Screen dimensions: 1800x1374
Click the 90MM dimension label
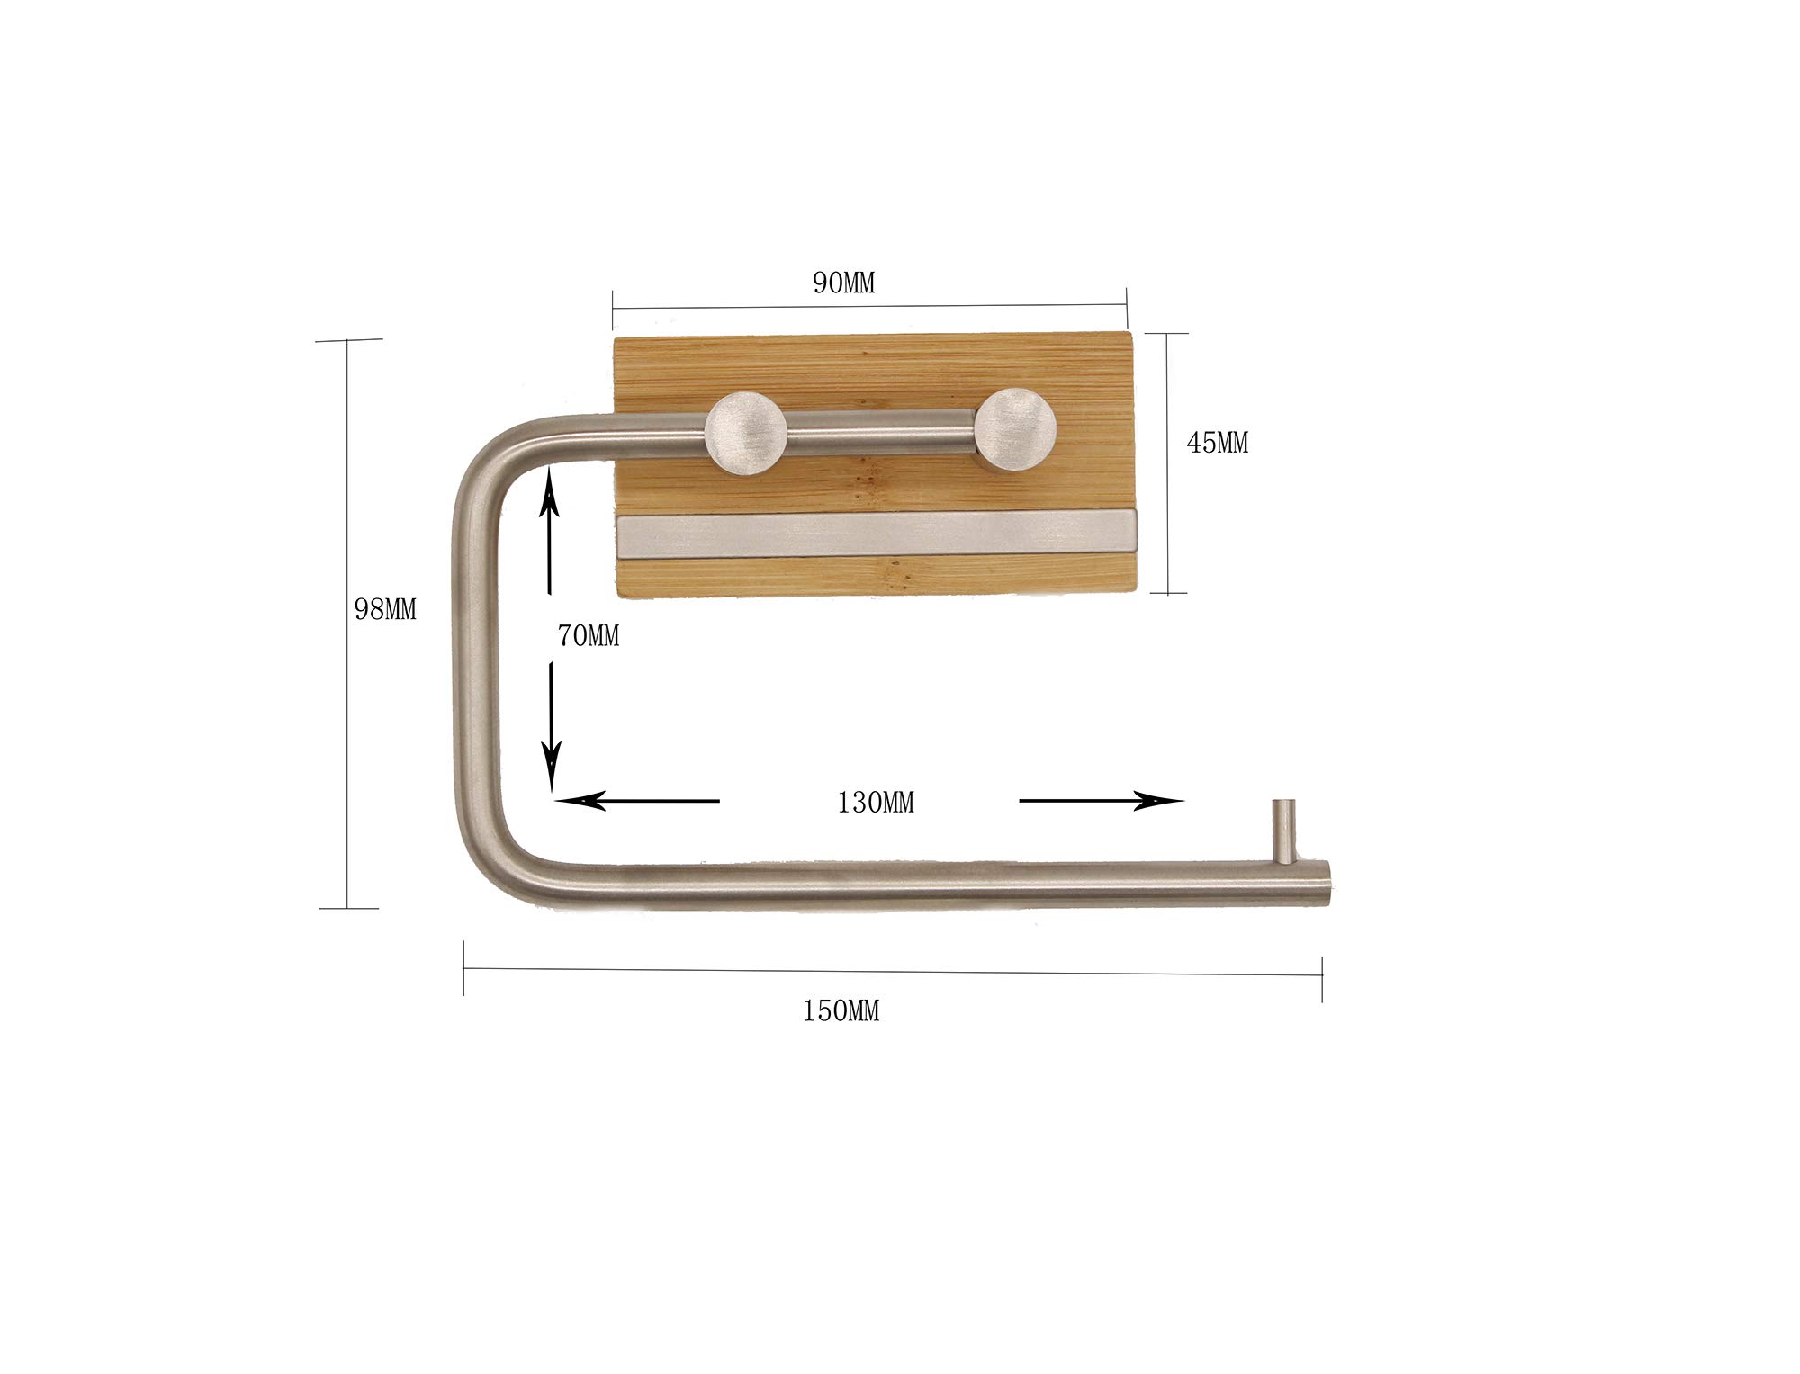pyautogui.click(x=843, y=283)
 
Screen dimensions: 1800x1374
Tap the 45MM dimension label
pyautogui.click(x=1218, y=443)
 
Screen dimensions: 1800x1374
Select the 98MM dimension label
pyautogui.click(x=385, y=610)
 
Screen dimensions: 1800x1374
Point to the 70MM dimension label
pyautogui.click(x=588, y=636)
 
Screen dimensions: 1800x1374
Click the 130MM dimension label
pyautogui.click(x=875, y=803)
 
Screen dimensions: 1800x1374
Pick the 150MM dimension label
pyautogui.click(x=841, y=1011)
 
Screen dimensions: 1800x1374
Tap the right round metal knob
pyautogui.click(x=1017, y=428)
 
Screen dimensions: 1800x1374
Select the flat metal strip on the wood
pyautogui.click(x=877, y=537)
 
